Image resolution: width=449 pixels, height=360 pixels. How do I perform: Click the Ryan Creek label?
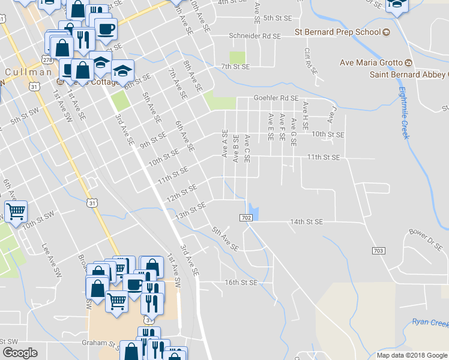click(x=430, y=323)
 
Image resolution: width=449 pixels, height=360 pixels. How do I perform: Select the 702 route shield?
click(x=247, y=217)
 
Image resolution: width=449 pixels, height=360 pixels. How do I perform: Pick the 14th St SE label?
click(x=306, y=222)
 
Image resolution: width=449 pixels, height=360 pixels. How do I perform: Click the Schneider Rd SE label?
click(x=255, y=36)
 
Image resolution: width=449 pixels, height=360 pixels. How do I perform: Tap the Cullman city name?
click(x=28, y=72)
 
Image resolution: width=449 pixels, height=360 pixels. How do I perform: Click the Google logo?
click(x=20, y=352)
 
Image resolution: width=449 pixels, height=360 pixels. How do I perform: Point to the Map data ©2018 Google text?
click(x=411, y=355)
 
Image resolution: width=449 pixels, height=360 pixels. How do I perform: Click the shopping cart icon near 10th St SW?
click(x=16, y=211)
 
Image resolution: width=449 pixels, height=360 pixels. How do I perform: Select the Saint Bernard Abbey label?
click(x=408, y=74)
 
